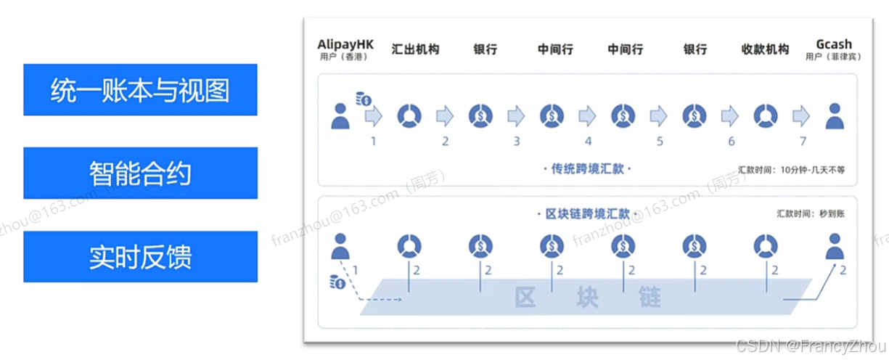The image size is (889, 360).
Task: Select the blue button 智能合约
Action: tap(140, 173)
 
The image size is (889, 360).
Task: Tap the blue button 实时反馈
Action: tap(140, 256)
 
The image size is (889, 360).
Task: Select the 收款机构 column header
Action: tap(765, 49)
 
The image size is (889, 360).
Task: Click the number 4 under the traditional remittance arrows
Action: tap(588, 141)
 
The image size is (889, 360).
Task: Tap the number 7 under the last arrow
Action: tap(803, 141)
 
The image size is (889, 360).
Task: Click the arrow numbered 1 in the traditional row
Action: tap(373, 115)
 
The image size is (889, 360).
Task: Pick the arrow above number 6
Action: tap(730, 115)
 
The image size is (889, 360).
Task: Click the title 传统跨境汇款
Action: tap(588, 170)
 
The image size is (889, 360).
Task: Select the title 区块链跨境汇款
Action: tap(588, 215)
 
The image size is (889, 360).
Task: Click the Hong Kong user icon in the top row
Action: tap(338, 116)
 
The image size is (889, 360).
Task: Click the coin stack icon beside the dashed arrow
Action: tap(337, 282)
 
